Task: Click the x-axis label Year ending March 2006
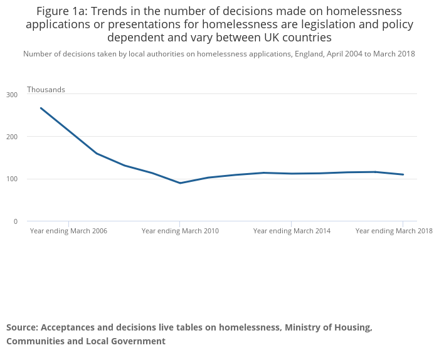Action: pyautogui.click(x=68, y=231)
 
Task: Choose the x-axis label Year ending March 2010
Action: pyautogui.click(x=180, y=231)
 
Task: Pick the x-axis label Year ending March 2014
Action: pyautogui.click(x=292, y=231)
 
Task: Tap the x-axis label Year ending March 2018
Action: pyautogui.click(x=394, y=231)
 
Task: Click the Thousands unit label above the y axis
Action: pyautogui.click(x=46, y=90)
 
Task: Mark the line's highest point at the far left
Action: pyautogui.click(x=41, y=108)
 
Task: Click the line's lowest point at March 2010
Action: pyautogui.click(x=180, y=183)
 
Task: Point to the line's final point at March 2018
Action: pyautogui.click(x=403, y=174)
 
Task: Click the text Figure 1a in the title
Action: pyautogui.click(x=61, y=11)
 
